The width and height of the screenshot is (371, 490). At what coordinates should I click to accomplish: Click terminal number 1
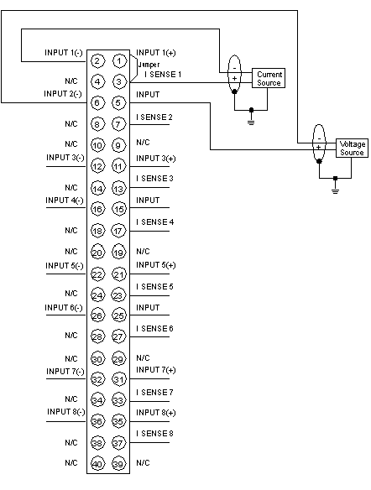118,60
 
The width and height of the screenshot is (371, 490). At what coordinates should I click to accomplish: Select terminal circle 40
97,464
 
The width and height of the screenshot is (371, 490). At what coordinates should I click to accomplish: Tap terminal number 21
118,274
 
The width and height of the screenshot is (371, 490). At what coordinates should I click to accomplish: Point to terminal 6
97,102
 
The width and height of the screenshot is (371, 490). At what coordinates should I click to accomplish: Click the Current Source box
269,78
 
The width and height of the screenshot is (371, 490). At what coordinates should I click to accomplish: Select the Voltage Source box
352,148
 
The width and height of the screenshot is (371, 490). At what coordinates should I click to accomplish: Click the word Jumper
149,65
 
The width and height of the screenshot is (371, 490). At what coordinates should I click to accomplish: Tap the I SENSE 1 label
163,75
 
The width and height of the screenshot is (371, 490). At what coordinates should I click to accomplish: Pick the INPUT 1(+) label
155,53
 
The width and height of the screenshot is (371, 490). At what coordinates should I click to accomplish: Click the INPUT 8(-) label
66,412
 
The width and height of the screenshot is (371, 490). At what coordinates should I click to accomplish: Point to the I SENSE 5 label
154,287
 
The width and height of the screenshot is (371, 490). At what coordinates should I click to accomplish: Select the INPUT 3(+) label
155,159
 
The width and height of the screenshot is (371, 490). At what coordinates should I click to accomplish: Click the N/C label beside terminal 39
143,462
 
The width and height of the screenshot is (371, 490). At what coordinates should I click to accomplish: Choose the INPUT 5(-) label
65,266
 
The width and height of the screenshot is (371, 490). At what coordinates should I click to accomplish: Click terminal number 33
118,400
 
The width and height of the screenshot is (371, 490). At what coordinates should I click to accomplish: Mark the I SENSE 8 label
154,434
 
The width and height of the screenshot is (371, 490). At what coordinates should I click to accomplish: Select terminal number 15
118,209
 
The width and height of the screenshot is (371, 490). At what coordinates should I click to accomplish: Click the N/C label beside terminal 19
143,251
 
